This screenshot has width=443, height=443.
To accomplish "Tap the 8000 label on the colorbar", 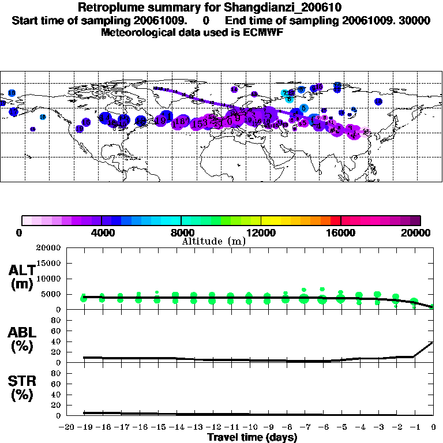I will pyautogui.click(x=181, y=232).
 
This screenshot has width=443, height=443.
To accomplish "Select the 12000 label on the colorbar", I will pyautogui.click(x=261, y=232).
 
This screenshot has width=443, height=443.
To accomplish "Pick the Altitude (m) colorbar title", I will pyautogui.click(x=213, y=242).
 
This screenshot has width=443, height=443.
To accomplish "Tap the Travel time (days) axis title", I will pyautogui.click(x=252, y=437).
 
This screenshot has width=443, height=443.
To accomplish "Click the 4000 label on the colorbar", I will pyautogui.click(x=101, y=232).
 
